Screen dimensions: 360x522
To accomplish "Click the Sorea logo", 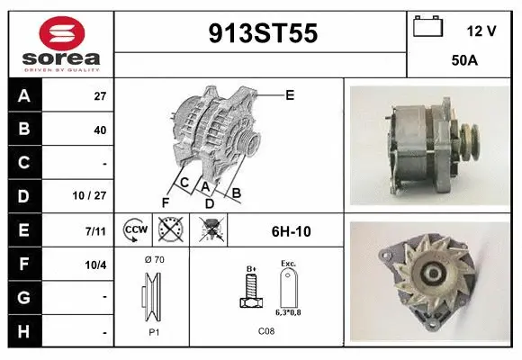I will [x=61, y=43].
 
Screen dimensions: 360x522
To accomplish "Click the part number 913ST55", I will [x=263, y=33].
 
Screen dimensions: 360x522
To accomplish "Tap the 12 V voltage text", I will [x=481, y=31].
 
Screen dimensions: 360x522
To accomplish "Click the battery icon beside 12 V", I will [x=428, y=27].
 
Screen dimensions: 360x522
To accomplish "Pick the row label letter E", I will [x=23, y=230].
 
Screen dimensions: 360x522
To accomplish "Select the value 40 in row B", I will [x=100, y=130].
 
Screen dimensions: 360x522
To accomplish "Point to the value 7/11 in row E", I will [x=95, y=231].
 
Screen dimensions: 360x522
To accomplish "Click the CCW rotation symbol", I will [x=134, y=230].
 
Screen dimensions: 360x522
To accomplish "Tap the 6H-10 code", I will [x=291, y=231].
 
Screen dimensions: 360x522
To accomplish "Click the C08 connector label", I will [x=266, y=330].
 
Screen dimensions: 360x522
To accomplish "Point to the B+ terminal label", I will [x=253, y=268].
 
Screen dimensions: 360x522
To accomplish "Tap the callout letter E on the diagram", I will [x=290, y=94].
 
